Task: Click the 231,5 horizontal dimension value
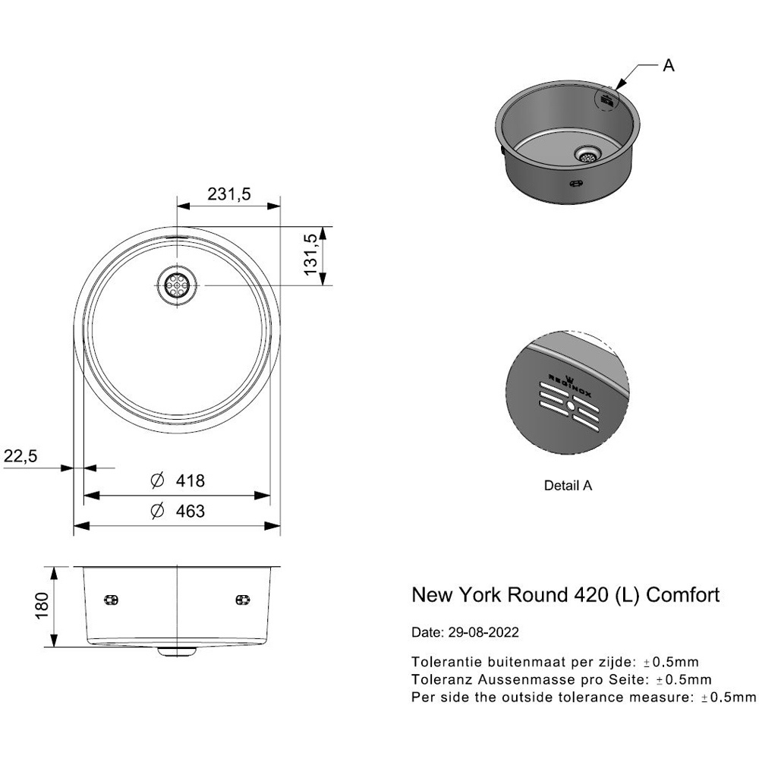(x=229, y=194)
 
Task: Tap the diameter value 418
(x=190, y=481)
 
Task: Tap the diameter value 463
(x=190, y=512)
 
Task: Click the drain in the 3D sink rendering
(x=587, y=154)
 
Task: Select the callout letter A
(x=668, y=66)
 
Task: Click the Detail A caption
(x=567, y=486)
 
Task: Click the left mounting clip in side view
(x=112, y=600)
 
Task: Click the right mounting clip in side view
(x=243, y=600)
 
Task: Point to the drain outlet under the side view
(x=177, y=651)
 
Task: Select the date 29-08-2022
(x=483, y=631)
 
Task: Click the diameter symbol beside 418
(x=157, y=481)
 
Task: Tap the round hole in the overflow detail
(x=569, y=406)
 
